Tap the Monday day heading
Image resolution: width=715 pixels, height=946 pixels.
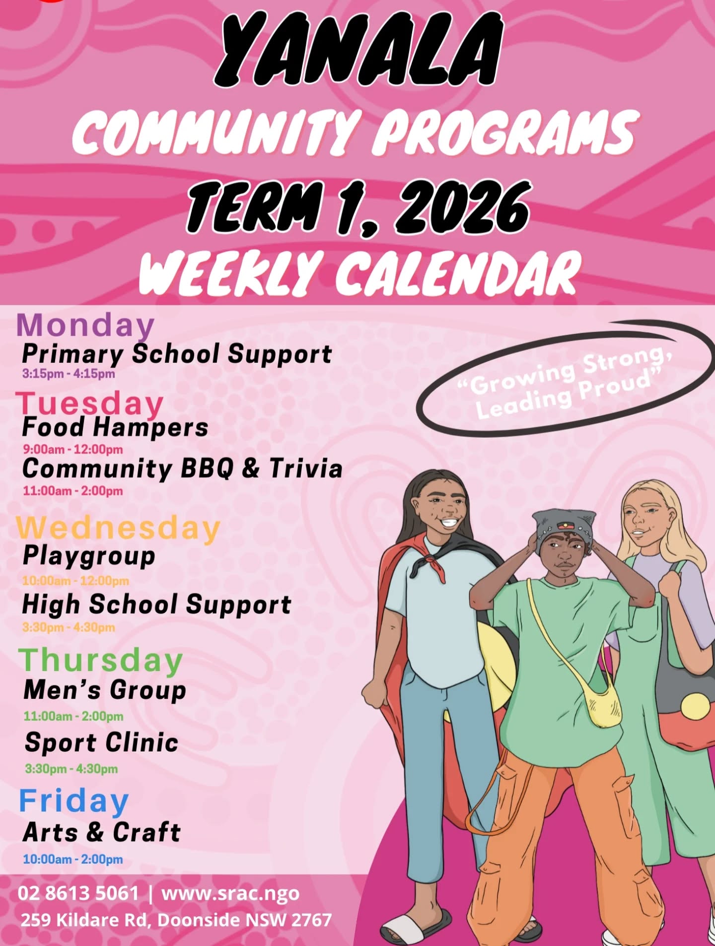(x=85, y=326)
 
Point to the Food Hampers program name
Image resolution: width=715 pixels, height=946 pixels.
(x=115, y=427)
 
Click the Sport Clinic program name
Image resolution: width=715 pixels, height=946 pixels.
(x=101, y=743)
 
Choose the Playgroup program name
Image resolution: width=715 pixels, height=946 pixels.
(x=89, y=556)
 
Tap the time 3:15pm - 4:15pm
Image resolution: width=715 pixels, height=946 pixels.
(x=69, y=374)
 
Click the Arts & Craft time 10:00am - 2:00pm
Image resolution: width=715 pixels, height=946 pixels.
(x=72, y=859)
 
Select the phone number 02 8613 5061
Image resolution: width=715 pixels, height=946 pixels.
(x=78, y=893)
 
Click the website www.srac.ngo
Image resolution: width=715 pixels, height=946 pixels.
(x=230, y=893)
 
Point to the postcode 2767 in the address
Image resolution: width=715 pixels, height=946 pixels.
(x=311, y=920)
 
